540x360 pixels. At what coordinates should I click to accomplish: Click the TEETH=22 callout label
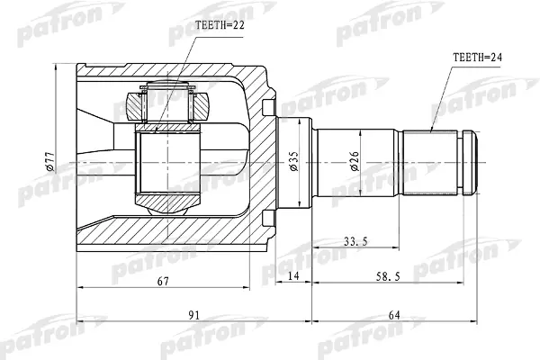[x=220, y=25]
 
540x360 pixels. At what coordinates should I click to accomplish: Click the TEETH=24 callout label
[x=477, y=57]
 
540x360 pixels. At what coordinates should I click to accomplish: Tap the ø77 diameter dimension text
[x=50, y=161]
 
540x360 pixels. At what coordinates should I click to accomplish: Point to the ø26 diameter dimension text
[x=355, y=161]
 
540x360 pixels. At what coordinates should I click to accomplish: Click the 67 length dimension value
[x=163, y=282]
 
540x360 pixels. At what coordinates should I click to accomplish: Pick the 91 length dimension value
[x=194, y=315]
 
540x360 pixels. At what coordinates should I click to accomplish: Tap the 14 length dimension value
[x=293, y=276]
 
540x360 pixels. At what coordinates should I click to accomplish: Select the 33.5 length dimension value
[x=355, y=242]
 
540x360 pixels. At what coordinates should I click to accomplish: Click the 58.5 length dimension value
[x=388, y=276]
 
